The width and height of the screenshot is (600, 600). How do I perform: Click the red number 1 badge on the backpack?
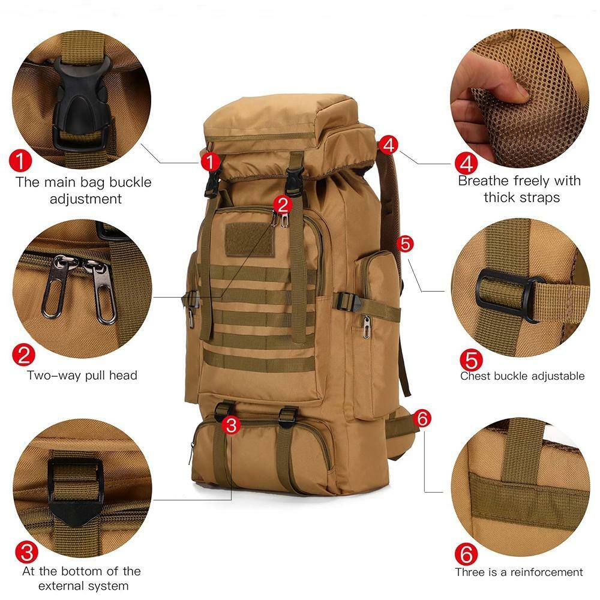pos(210,161)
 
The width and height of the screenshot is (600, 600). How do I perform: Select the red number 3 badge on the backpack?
pos(232,425)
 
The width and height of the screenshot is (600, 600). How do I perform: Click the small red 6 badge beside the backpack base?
pos(423,419)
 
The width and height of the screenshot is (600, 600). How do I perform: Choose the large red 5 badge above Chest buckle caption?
pos(471,360)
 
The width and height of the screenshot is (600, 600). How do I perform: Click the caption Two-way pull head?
pos(82,376)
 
